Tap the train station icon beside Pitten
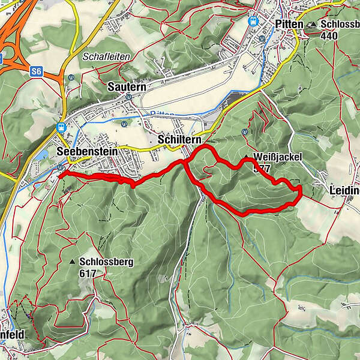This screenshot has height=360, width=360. (254, 20)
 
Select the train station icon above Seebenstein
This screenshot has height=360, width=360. (61, 127)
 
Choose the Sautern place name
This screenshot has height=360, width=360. (127, 87)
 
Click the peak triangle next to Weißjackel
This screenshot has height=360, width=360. (247, 158)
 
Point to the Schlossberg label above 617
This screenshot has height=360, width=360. (105, 262)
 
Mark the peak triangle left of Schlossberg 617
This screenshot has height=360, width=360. (73, 262)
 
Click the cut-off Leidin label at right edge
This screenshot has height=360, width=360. (344, 191)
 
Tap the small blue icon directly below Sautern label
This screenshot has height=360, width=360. (123, 124)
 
